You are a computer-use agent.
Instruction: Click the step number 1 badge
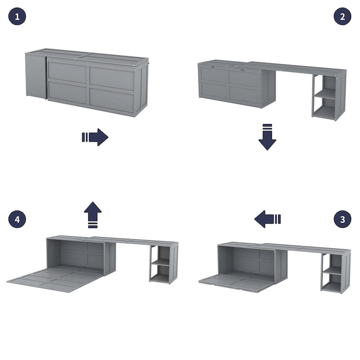click(x=17, y=17)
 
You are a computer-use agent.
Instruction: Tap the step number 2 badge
click(x=342, y=17)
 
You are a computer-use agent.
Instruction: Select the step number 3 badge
click(x=342, y=219)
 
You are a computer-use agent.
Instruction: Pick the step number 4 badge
click(x=17, y=219)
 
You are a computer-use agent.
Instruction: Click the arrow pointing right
click(x=95, y=137)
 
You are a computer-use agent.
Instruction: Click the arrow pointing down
click(x=267, y=137)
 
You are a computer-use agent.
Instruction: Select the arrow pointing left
click(x=267, y=219)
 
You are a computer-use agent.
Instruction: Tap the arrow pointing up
click(x=93, y=215)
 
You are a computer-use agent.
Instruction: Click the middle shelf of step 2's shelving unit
click(x=325, y=95)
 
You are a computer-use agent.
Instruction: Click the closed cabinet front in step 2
click(x=229, y=86)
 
